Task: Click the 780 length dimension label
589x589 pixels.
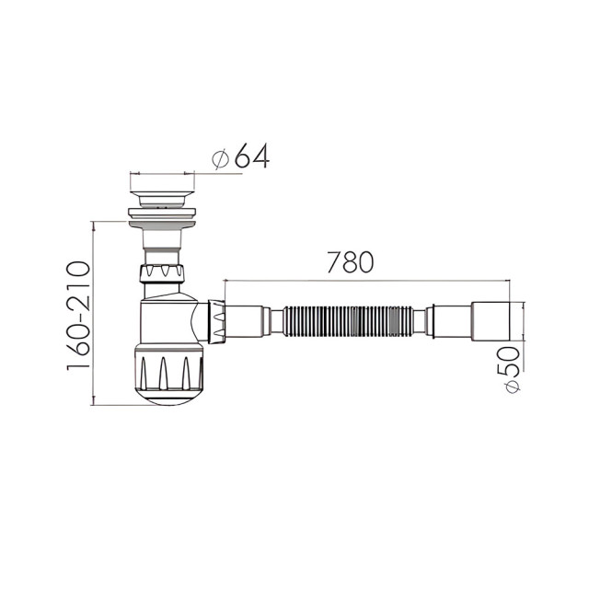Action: click(350, 261)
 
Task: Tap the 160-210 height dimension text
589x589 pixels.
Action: click(79, 316)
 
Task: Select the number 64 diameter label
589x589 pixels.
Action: click(252, 156)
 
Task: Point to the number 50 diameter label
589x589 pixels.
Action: click(508, 362)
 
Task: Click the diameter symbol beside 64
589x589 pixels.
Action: click(221, 159)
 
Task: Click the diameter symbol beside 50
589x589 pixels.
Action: click(512, 387)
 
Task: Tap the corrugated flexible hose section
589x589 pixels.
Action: click(348, 319)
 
